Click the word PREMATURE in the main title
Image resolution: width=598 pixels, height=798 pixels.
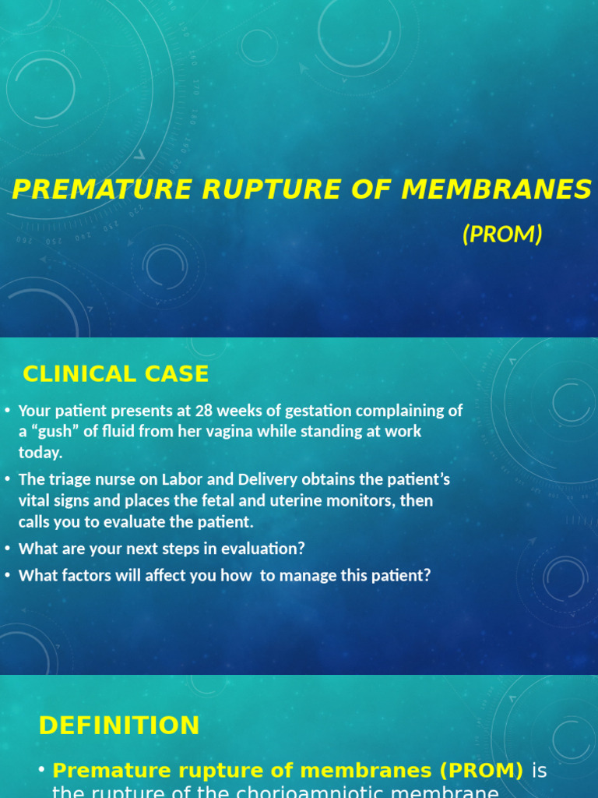[90, 189]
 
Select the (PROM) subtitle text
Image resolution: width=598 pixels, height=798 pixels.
[502, 234]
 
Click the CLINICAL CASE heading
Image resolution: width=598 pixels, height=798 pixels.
[116, 374]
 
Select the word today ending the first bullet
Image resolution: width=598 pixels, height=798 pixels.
[40, 453]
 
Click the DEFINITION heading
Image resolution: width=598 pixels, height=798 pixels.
[119, 726]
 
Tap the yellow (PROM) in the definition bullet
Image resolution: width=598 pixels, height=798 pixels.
[481, 771]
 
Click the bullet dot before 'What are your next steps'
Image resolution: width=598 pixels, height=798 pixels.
[7, 549]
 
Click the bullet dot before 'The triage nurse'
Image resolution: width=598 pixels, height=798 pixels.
[7, 480]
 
